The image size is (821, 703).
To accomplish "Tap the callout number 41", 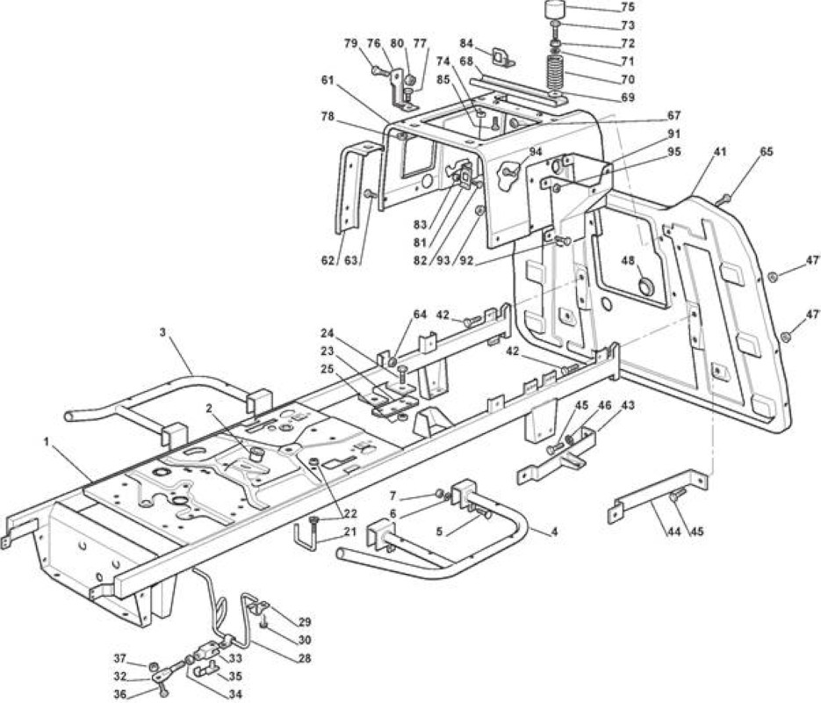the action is [x=720, y=152].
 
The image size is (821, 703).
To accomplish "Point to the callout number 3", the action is [x=162, y=332].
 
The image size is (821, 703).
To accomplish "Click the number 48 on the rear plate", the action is [x=629, y=261].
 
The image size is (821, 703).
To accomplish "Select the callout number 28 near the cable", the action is [x=304, y=658].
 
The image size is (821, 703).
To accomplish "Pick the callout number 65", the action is [x=767, y=152].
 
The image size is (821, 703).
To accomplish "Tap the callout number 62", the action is [x=328, y=259].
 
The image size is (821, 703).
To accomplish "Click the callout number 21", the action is [x=349, y=533].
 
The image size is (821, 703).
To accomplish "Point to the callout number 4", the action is [x=554, y=532].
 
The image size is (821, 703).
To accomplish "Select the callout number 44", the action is [x=673, y=532].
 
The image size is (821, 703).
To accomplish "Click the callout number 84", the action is [x=466, y=42].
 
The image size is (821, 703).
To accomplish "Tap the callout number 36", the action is [x=120, y=694].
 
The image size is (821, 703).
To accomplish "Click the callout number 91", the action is [x=673, y=134].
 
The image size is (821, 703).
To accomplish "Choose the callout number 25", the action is [x=328, y=369].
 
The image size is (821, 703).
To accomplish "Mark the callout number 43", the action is [x=628, y=405].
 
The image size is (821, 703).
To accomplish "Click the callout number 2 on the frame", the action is [x=210, y=409].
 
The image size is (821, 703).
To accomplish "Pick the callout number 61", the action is [x=328, y=80].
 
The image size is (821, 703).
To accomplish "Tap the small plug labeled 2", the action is [x=256, y=453].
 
